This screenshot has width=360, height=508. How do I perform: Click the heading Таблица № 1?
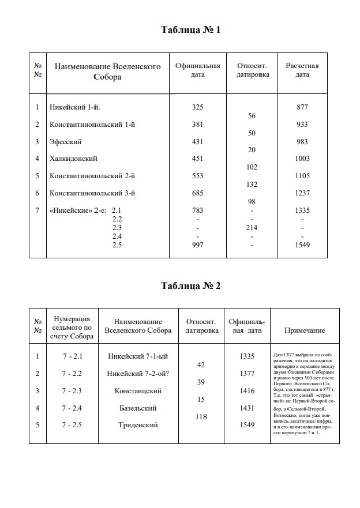tap(191, 30)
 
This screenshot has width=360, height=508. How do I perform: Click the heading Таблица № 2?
tap(191, 285)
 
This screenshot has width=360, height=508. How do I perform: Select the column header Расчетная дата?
tap(302, 70)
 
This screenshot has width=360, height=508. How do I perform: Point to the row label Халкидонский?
tap(74, 159)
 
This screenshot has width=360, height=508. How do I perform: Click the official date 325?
tap(197, 107)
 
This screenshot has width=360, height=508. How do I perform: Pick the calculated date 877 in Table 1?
tap(302, 107)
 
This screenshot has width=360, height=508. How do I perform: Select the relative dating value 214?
tap(252, 228)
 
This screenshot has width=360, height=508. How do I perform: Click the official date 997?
tap(197, 245)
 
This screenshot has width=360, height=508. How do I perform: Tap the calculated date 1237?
tap(302, 193)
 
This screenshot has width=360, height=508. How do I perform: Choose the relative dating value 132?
tap(252, 185)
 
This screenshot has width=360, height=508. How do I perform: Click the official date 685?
tap(197, 193)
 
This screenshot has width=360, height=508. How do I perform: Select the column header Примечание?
tap(305, 330)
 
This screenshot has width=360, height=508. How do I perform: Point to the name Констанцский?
tap(138, 391)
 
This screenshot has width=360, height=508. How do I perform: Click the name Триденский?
tap(138, 426)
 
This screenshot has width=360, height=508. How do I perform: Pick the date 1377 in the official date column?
tap(246, 374)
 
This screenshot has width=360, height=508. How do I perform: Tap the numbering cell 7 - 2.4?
tap(73, 408)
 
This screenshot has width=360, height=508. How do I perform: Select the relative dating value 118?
tap(201, 417)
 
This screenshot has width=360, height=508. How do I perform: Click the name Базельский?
tap(138, 408)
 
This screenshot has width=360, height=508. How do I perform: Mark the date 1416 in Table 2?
tap(246, 391)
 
